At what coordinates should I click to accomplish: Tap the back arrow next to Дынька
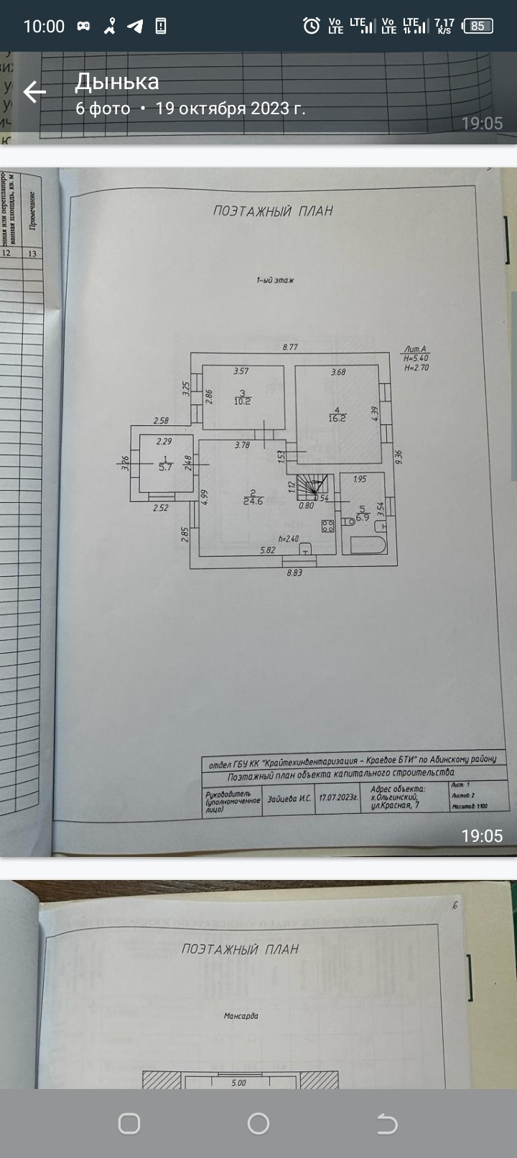coord(34,92)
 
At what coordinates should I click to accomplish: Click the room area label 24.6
coord(253,501)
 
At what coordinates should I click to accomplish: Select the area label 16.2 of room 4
coord(337,417)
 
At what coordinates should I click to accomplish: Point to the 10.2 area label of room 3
coord(243,401)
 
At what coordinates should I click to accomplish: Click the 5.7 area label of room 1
coord(166,466)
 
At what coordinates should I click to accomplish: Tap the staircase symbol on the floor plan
coord(313,486)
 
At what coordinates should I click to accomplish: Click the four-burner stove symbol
coord(327,525)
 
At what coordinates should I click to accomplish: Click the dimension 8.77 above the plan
coord(290,347)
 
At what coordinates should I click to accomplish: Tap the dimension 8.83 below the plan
coord(294,573)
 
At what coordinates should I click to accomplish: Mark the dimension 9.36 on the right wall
coord(398,457)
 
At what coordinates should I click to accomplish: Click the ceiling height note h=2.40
coord(288,539)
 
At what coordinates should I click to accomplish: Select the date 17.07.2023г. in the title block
coord(338,797)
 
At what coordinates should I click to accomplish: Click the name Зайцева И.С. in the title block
coord(289,798)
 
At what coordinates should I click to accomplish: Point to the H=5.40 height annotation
coord(416,358)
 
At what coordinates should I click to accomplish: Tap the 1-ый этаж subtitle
coord(275,280)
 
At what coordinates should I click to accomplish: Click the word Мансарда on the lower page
coord(241,1016)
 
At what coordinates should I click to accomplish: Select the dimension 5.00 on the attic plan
coord(238,1083)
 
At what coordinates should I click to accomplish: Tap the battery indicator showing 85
coord(478,26)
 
